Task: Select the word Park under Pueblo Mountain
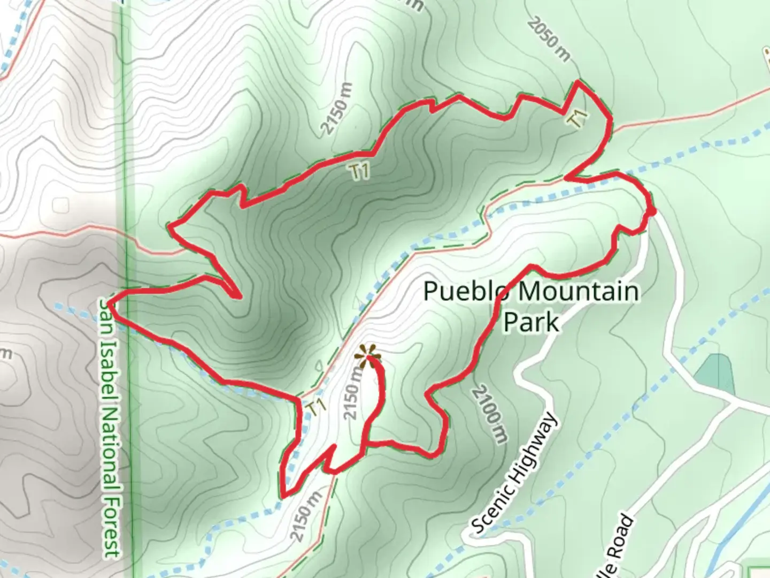pos(531,322)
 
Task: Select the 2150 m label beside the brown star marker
pos(353,395)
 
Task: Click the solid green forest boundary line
pos(127,161)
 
